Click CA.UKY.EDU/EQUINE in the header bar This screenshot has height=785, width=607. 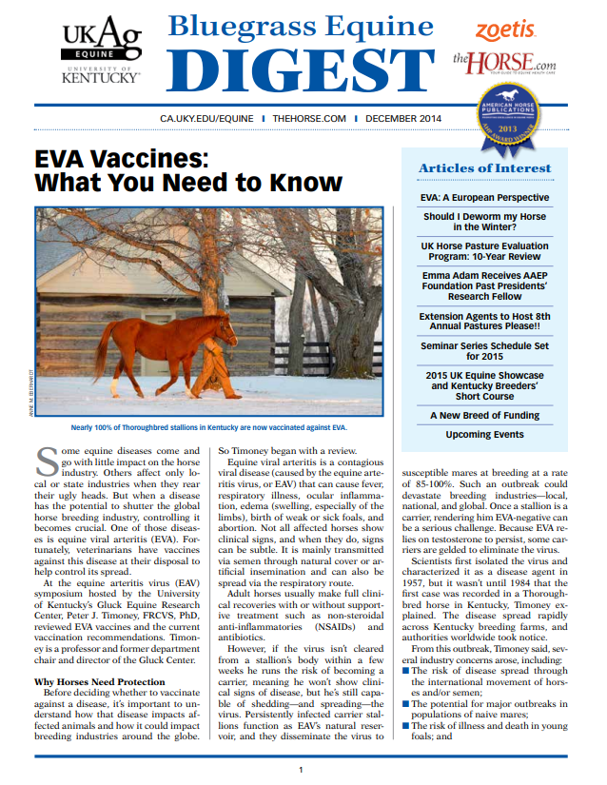207,119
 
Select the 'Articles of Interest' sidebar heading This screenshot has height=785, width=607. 484,168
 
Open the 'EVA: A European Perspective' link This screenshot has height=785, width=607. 484,198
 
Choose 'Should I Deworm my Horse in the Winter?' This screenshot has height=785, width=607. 484,222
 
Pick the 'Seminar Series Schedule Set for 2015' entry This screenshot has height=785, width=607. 484,351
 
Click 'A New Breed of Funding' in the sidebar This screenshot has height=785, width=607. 484,415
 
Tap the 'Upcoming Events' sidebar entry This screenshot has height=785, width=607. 484,435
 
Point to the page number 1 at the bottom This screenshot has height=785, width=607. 301,769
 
